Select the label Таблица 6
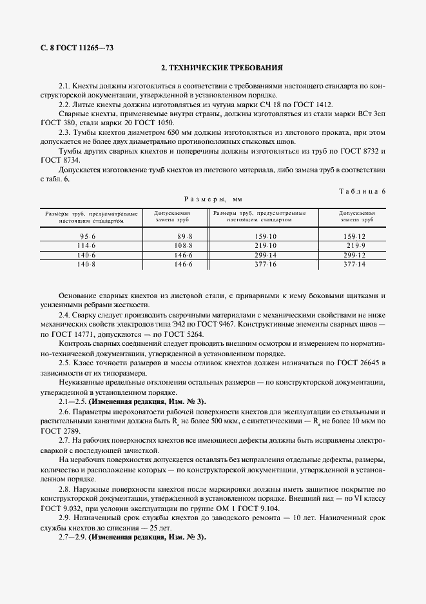pyautogui.click(x=362, y=191)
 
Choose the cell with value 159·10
pyautogui.click(x=266, y=237)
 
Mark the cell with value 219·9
pyautogui.click(x=354, y=246)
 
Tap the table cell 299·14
pyautogui.click(x=266, y=255)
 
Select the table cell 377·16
pyautogui.click(x=266, y=265)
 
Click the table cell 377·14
pyautogui.click(x=354, y=265)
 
